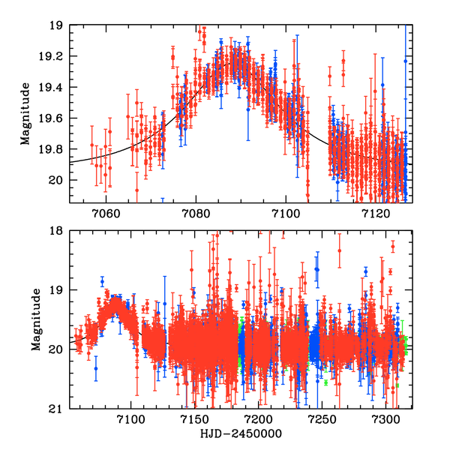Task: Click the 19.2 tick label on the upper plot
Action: (53, 57)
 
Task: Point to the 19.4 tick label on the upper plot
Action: (53, 88)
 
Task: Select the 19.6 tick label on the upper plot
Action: (53, 118)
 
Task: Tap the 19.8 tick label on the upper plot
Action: (53, 149)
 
